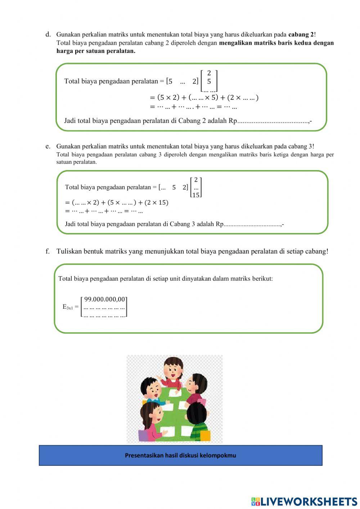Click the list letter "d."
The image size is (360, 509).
(48, 35)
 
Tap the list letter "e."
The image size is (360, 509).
(48, 146)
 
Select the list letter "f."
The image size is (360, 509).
(48, 251)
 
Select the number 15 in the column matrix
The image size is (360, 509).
(196, 195)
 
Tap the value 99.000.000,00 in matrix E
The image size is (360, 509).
(105, 299)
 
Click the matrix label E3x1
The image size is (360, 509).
(68, 307)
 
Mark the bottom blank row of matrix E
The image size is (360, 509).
(104, 315)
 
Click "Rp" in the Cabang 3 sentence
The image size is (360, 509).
(219, 224)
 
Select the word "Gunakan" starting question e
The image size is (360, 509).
(68, 146)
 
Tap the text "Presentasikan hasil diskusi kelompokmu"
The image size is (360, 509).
(180, 455)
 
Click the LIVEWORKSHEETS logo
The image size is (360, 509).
(304, 501)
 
